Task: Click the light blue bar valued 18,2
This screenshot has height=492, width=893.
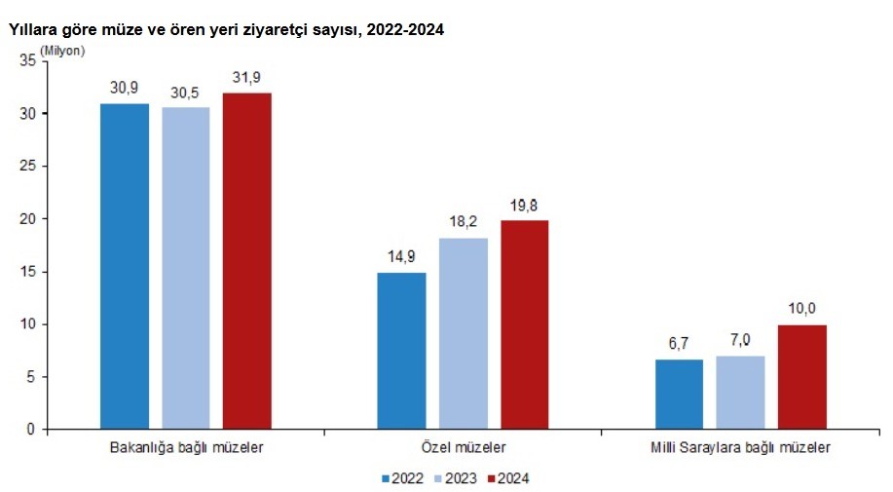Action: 464,333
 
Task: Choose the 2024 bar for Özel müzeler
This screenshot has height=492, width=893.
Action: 525,324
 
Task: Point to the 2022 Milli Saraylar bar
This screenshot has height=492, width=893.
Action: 679,394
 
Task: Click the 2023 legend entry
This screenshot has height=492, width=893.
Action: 457,477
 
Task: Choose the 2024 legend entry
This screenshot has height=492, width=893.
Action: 509,477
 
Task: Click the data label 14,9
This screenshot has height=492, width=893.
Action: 402,258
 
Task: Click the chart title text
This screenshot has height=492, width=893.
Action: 226,29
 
